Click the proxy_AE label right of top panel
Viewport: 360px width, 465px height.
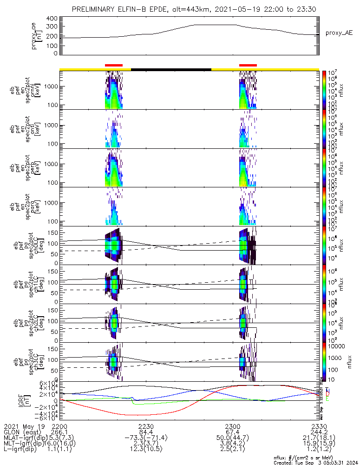pos(339,33)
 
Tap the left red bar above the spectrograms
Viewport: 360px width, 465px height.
pos(114,66)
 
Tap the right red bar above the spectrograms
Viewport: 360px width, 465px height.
pos(248,66)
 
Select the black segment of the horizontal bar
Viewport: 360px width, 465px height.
pos(171,69)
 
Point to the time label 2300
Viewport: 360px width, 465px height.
pos(232,426)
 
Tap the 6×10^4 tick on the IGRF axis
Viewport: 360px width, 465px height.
pos(50,383)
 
